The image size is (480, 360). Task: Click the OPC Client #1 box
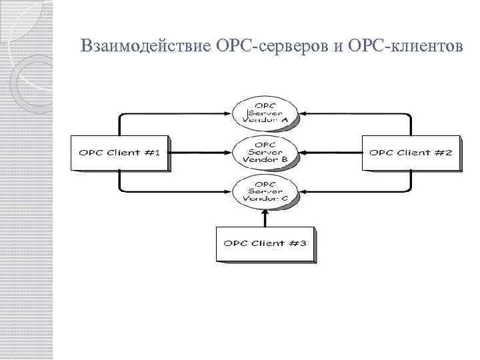tap(119, 153)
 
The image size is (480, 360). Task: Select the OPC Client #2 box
tap(410, 153)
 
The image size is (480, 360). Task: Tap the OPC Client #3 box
tap(265, 243)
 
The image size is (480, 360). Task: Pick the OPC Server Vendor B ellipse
tap(265, 153)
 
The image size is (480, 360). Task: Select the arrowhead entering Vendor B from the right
tap(301, 153)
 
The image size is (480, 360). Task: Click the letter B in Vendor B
tap(285, 161)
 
